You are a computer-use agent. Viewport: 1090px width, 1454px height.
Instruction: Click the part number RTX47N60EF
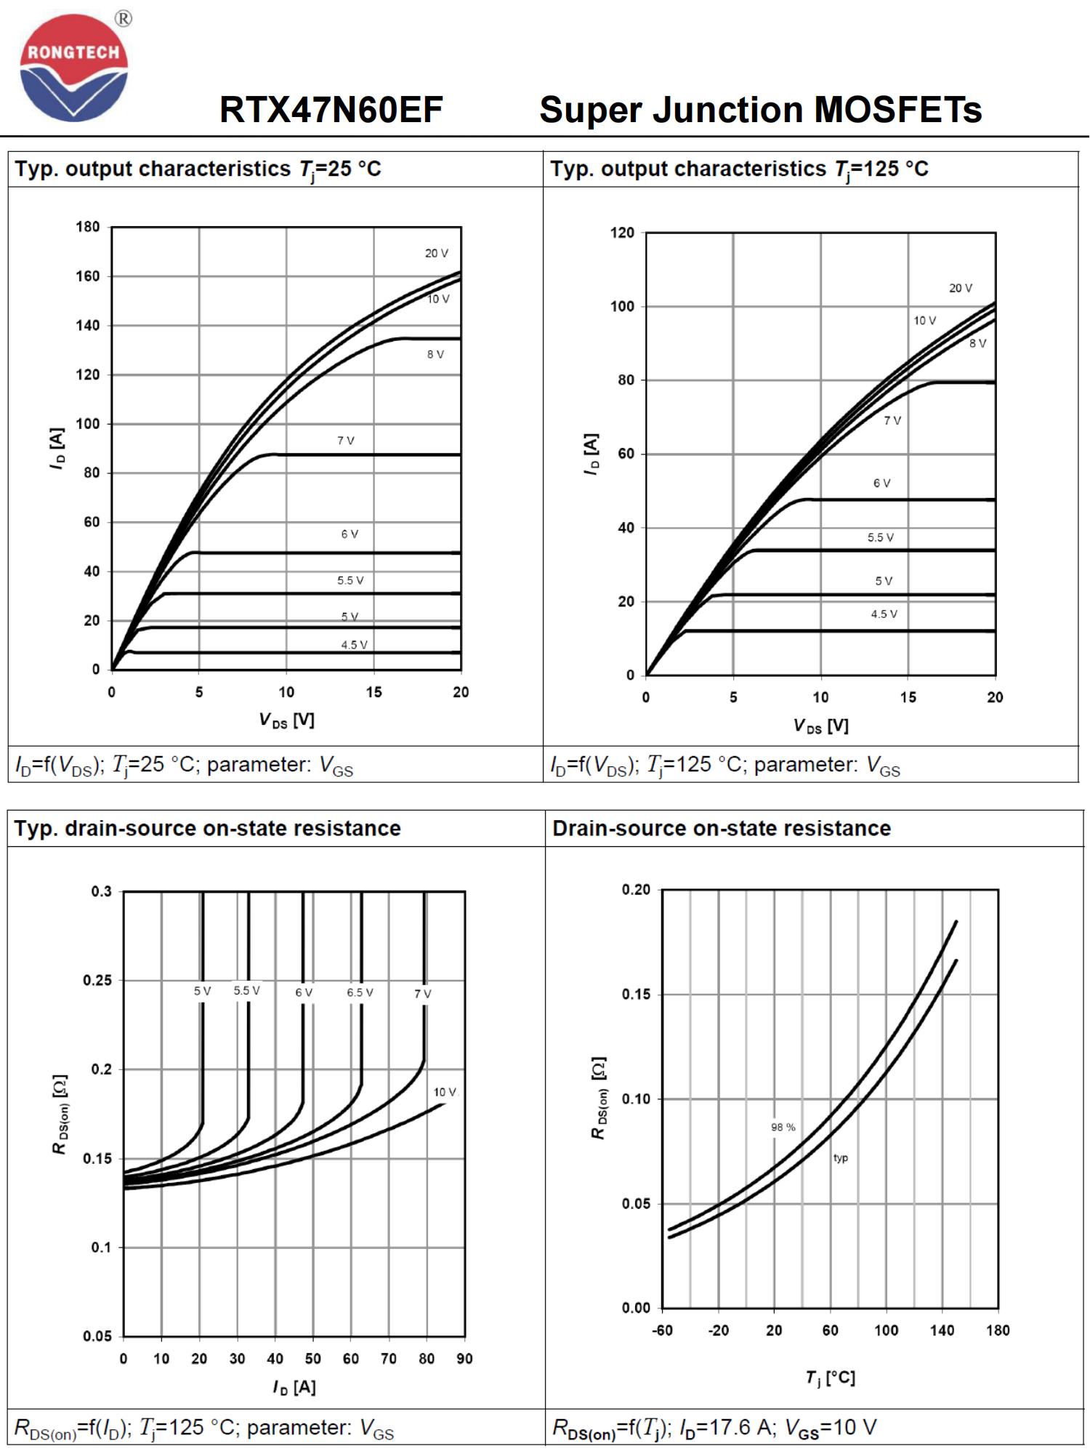[x=331, y=111]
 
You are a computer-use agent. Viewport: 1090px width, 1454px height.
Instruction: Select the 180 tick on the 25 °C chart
[x=88, y=227]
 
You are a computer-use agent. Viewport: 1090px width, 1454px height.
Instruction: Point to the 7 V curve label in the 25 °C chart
[x=346, y=441]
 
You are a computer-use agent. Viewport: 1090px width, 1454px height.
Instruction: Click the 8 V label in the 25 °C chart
[x=435, y=354]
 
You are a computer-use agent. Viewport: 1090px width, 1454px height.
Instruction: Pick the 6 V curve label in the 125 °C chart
[x=881, y=483]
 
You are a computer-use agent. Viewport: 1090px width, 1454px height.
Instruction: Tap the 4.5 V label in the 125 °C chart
[x=884, y=614]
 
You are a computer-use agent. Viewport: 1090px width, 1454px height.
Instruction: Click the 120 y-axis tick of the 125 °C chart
[x=622, y=233]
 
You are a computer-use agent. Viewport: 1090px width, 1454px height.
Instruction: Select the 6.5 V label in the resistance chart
[x=360, y=992]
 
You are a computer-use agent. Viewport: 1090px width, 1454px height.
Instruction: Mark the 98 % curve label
[x=783, y=1127]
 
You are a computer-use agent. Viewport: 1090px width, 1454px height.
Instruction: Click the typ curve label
[x=841, y=1158]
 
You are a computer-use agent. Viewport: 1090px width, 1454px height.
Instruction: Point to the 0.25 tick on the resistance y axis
[x=97, y=980]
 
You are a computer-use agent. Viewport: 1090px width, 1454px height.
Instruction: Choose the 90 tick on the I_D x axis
[x=464, y=1359]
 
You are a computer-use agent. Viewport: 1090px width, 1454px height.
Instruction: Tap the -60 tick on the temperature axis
[x=662, y=1330]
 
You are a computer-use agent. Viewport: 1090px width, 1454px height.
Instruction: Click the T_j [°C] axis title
[x=830, y=1378]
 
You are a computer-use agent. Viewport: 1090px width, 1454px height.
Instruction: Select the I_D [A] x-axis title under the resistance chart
[x=294, y=1387]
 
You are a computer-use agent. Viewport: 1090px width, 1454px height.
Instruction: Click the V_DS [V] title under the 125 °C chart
[x=820, y=726]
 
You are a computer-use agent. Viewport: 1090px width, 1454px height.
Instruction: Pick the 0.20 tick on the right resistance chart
[x=636, y=890]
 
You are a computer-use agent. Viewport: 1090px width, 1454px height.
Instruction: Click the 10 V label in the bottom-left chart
[x=445, y=1092]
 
